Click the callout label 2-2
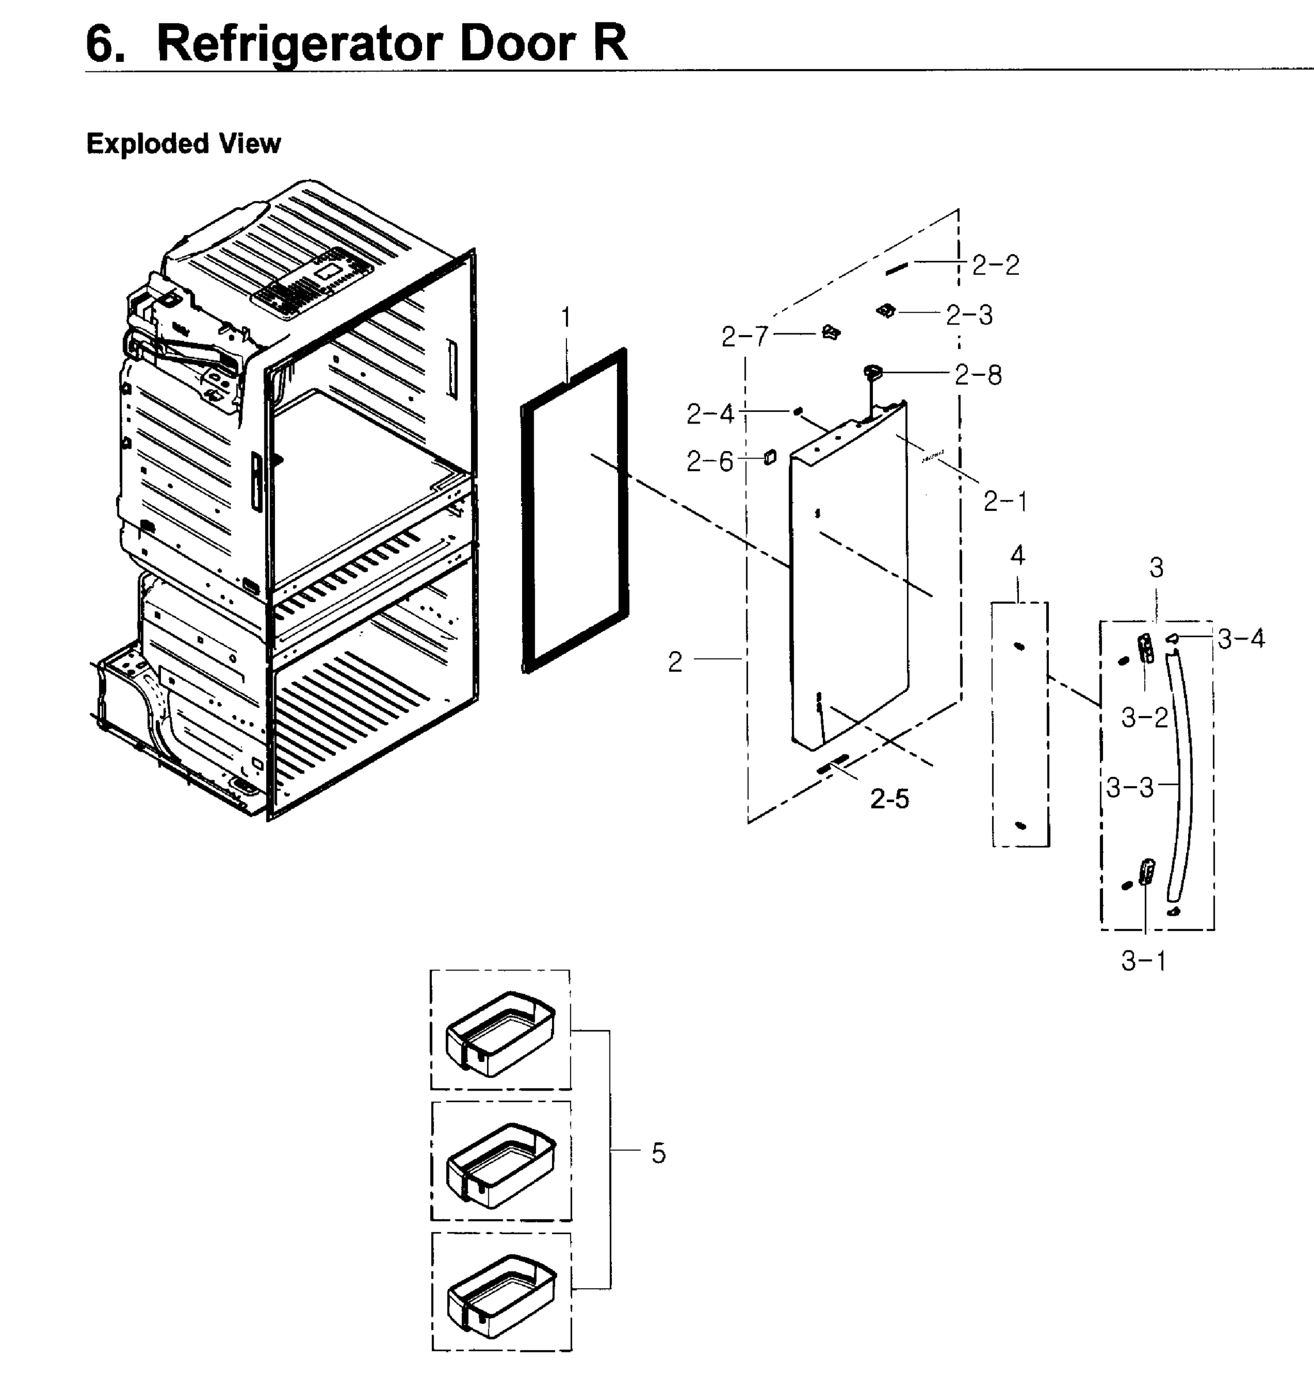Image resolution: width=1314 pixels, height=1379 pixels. point(995,265)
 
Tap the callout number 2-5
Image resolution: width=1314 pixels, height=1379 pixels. point(890,799)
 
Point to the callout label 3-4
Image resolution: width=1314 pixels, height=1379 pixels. point(1241,638)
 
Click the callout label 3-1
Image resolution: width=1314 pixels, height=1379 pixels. point(1144,961)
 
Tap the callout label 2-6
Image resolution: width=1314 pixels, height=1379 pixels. point(710,462)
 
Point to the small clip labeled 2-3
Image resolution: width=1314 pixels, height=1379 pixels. point(887,310)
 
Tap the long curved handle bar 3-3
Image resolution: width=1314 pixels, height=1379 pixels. point(1183,777)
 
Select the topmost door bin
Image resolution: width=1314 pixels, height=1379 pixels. point(500,1033)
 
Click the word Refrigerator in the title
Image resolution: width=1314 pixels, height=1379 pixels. point(299,44)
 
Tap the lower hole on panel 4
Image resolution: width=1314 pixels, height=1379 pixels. point(1021,826)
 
